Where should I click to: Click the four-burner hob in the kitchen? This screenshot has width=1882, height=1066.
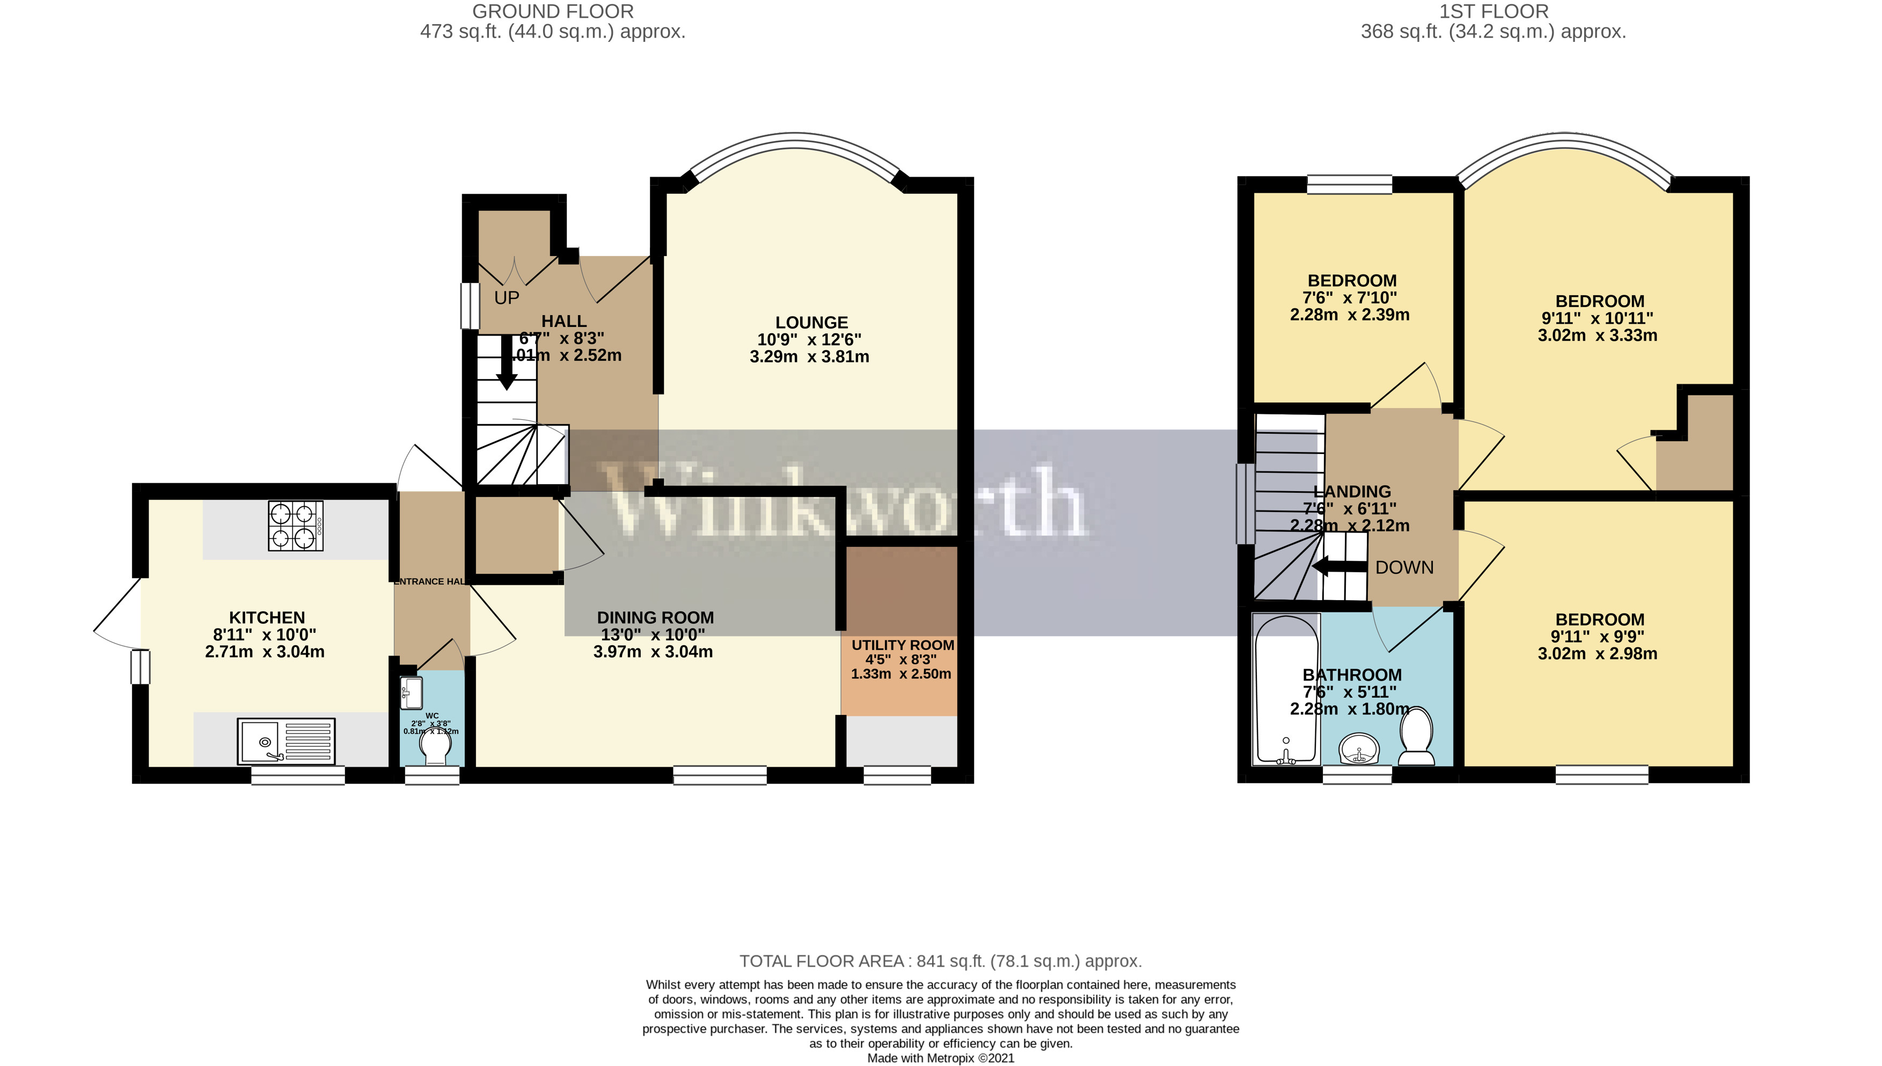tap(296, 525)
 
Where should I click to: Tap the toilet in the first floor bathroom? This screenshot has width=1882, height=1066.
tap(1416, 736)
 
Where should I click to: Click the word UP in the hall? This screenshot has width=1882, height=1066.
tap(507, 298)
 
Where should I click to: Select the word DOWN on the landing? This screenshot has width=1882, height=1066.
tap(1404, 567)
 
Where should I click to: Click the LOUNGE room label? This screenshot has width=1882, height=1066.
tap(811, 323)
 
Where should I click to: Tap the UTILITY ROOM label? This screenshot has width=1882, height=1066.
tap(903, 645)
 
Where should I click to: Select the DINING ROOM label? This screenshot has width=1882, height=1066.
tap(655, 618)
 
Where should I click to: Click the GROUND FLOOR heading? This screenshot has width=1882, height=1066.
tap(553, 12)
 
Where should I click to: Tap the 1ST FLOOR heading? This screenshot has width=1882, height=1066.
tap(1493, 12)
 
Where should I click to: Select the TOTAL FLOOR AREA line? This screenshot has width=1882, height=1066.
tap(940, 961)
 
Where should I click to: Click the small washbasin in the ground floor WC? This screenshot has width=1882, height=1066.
tap(412, 690)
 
